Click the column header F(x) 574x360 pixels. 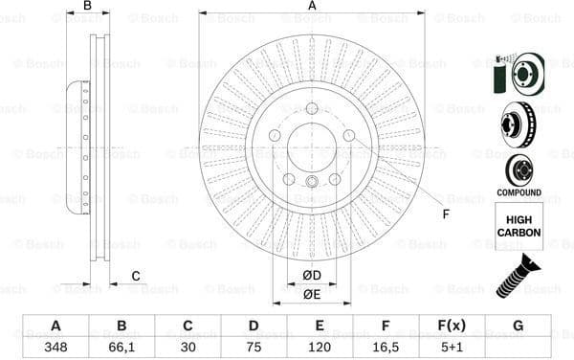tap(452, 326)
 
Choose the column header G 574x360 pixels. tap(518, 326)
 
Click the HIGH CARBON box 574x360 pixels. tap(519, 226)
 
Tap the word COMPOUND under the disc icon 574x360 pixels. tap(519, 192)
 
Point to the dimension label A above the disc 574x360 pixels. tap(312, 7)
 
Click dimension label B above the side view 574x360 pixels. tap(88, 7)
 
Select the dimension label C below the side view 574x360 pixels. tap(135, 277)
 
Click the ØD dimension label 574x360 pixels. tap(312, 277)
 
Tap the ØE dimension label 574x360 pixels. tap(312, 294)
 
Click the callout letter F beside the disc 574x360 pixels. tap(446, 213)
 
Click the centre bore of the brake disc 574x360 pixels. tap(312, 148)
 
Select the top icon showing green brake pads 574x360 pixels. tap(518, 73)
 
